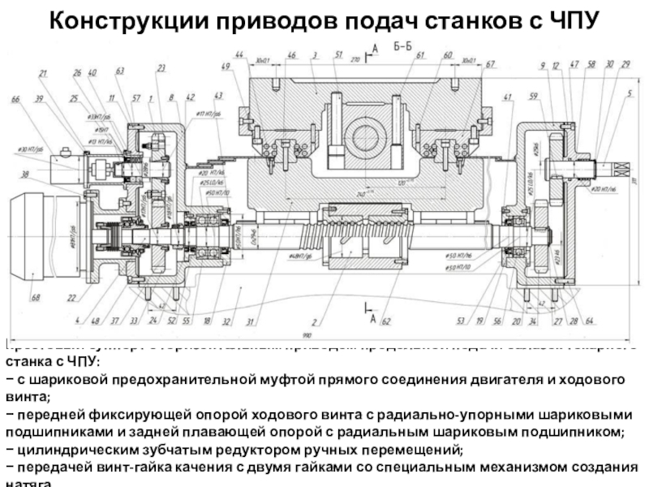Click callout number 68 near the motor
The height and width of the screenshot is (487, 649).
point(35,299)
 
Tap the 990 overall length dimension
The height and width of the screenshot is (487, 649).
point(307,334)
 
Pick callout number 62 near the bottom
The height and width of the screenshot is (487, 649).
point(386,322)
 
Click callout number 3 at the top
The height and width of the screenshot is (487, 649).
point(313,54)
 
